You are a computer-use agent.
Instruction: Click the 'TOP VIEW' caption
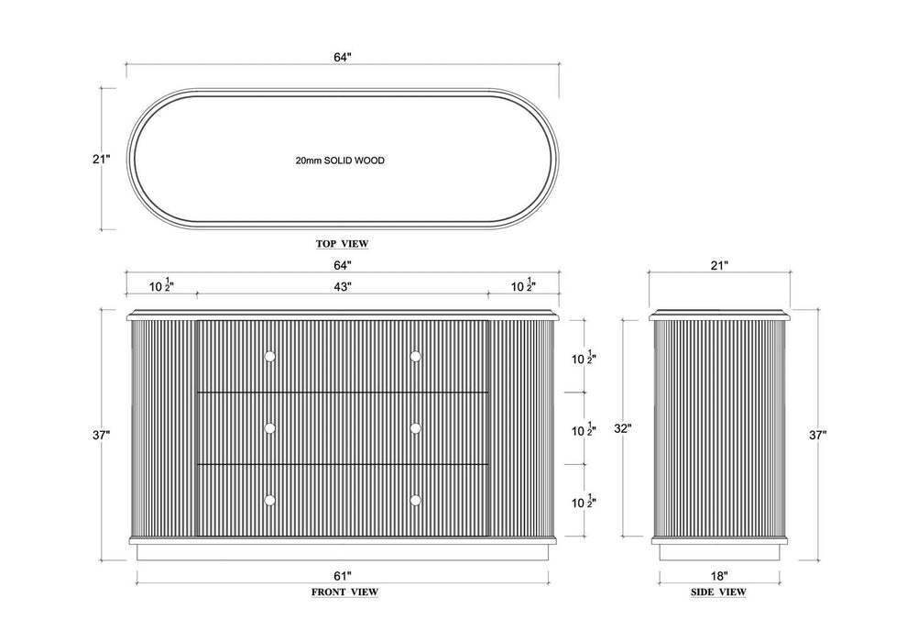(x=342, y=244)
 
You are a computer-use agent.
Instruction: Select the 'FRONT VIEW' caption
(x=344, y=592)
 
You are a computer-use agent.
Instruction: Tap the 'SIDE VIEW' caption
(x=718, y=592)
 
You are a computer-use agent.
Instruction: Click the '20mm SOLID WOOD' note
(x=340, y=160)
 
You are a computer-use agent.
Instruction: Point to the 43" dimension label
(x=343, y=286)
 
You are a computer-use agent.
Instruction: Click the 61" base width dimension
(x=343, y=576)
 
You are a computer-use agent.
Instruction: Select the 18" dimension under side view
(x=719, y=576)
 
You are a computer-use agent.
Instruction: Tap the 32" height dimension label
(x=622, y=429)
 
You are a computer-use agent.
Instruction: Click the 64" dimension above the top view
(x=343, y=57)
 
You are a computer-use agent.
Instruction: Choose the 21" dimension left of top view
(x=101, y=159)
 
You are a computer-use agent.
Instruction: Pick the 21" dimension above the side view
(x=719, y=266)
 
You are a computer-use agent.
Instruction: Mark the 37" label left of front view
(x=101, y=436)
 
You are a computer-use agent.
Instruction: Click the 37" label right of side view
(x=817, y=436)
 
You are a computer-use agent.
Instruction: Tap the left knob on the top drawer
(x=270, y=356)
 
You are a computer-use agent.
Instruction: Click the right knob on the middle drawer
(x=415, y=428)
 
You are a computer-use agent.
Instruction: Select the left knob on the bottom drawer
(x=270, y=500)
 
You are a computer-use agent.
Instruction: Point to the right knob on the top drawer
(x=415, y=356)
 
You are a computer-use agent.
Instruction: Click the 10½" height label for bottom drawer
(x=585, y=502)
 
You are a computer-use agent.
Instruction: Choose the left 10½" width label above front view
(x=162, y=285)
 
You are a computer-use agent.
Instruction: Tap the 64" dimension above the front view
(x=343, y=266)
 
